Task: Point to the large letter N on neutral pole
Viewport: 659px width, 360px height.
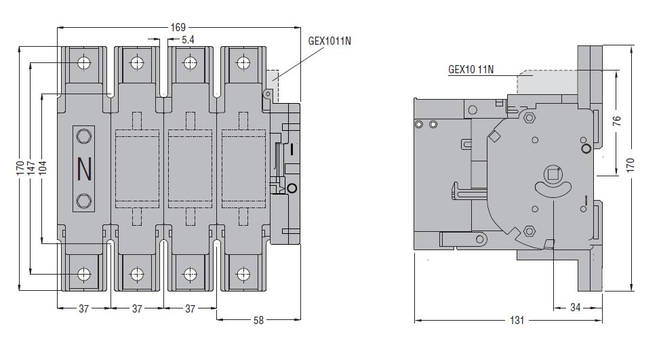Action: [85, 169]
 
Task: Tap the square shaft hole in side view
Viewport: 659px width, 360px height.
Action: [554, 174]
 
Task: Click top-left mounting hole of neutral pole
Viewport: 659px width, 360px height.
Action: [84, 64]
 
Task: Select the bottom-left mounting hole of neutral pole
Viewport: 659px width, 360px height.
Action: [84, 275]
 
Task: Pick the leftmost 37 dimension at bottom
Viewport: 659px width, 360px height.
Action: [83, 308]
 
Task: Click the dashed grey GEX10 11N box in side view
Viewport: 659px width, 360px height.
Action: [546, 81]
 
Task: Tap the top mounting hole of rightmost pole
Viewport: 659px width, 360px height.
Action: [243, 64]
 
